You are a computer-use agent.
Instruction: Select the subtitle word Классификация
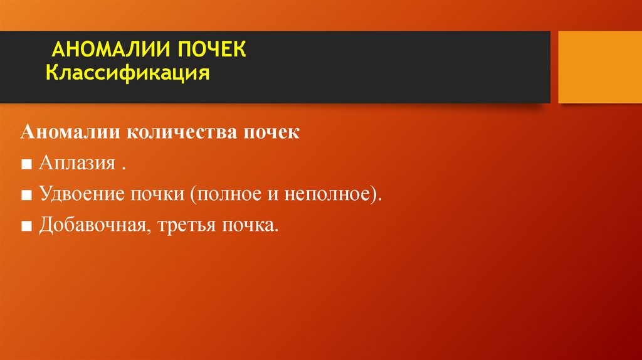click(127, 73)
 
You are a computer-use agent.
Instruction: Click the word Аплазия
click(76, 164)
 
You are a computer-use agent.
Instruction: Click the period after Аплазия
click(124, 169)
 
